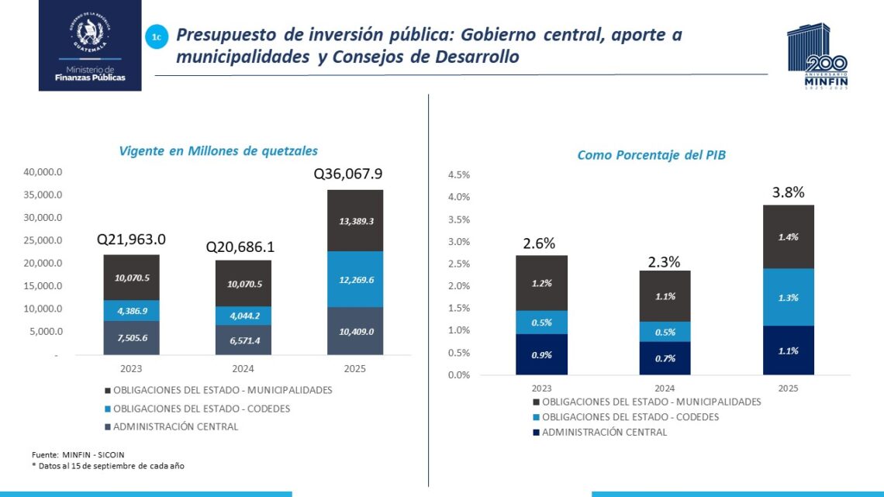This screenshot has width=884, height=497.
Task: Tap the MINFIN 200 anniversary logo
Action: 818,57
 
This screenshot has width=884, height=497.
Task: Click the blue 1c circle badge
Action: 157,36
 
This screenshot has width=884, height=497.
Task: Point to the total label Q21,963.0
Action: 131,240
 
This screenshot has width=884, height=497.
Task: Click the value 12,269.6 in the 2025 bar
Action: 354,279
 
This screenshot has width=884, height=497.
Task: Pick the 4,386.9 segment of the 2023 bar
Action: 132,310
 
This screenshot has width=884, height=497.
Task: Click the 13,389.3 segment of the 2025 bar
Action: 354,221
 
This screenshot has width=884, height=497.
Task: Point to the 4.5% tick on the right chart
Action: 459,175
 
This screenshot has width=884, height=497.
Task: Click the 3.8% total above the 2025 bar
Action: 787,192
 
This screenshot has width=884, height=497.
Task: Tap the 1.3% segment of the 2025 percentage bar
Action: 787,297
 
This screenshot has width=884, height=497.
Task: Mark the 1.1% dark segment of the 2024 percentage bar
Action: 664,296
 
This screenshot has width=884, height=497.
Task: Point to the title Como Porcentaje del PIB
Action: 651,155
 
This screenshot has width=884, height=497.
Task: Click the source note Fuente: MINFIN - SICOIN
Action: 78,454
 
